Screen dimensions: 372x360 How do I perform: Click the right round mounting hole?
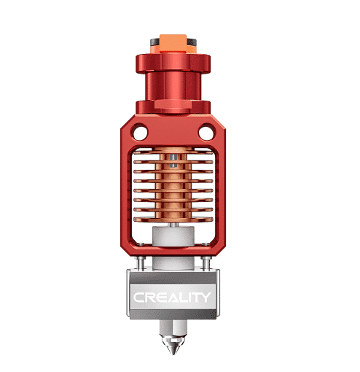coord(208,133)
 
